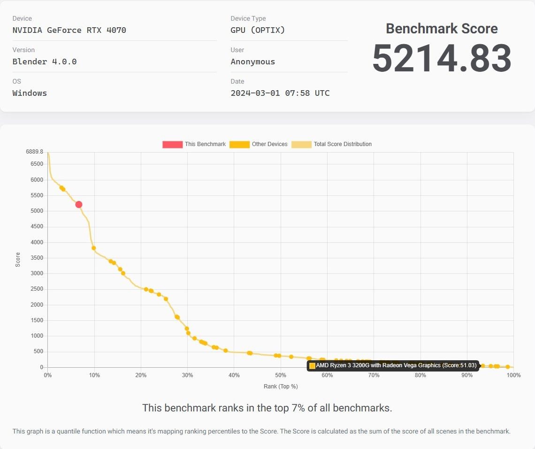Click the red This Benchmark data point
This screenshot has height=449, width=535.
pos(79,204)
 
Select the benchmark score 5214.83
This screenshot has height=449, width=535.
pos(442,59)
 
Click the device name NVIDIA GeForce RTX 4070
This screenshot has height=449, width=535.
pos(69,31)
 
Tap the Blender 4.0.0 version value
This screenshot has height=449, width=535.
pos(45,62)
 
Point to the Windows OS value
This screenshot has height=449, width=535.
pos(30,93)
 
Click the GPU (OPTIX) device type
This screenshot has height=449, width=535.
pos(258,31)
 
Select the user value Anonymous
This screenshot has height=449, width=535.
pos(253,62)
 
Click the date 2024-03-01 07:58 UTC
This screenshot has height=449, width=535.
pos(280,93)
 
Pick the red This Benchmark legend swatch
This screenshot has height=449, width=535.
pos(172,144)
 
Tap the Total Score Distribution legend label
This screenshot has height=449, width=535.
pos(343,144)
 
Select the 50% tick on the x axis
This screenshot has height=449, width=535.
pos(281,375)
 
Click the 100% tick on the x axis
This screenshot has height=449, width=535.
pos(513,375)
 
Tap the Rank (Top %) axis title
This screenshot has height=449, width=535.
pos(281,387)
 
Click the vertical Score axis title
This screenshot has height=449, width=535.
pos(18,260)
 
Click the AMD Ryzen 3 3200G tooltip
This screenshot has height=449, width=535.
pos(393,365)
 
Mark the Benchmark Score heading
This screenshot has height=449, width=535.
pos(442,29)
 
